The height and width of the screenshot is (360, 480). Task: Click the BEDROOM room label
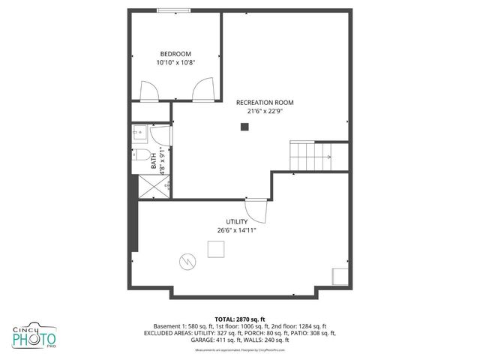[175, 53]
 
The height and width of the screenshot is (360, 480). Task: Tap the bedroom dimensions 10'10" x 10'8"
[175, 63]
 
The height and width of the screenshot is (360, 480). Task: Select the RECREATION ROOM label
[265, 103]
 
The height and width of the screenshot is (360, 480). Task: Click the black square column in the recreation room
[244, 127]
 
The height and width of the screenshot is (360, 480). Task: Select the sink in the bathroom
[139, 134]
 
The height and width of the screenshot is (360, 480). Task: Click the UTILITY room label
[237, 222]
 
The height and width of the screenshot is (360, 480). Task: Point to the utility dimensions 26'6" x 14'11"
[237, 231]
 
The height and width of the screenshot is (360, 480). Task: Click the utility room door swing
[255, 208]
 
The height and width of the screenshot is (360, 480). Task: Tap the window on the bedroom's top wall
[173, 10]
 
